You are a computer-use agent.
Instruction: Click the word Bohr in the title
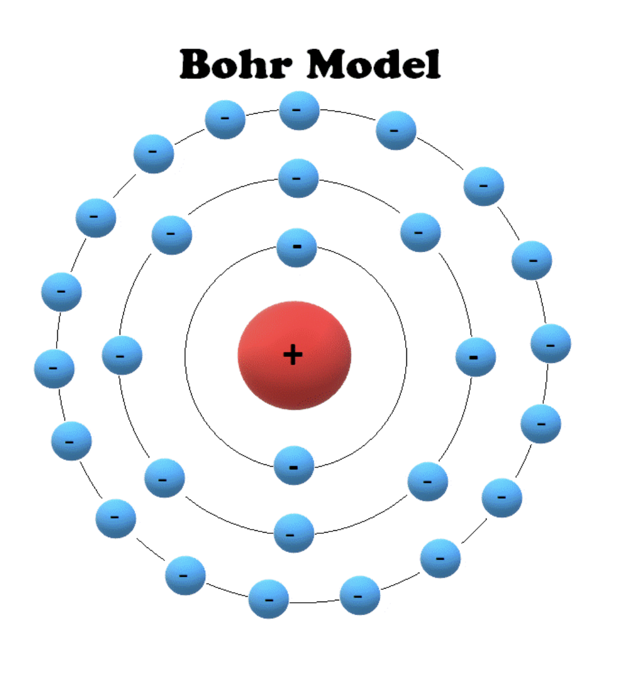(x=236, y=64)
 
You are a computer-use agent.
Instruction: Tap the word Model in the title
(x=374, y=64)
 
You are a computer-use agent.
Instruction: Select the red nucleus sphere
(x=295, y=355)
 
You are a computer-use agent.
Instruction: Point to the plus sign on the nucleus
(x=293, y=355)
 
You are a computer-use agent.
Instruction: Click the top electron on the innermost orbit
(x=297, y=247)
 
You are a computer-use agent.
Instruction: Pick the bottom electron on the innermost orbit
(x=294, y=465)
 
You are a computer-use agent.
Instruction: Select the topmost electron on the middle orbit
(x=298, y=179)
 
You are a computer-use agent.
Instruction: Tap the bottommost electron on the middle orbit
(x=294, y=533)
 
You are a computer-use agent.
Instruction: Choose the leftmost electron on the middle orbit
(x=122, y=355)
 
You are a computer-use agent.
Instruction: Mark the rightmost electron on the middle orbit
(x=476, y=357)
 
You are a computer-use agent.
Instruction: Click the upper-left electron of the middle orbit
(x=172, y=235)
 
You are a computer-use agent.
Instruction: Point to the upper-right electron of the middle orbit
(x=420, y=233)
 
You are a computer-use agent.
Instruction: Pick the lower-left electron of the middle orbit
(x=165, y=478)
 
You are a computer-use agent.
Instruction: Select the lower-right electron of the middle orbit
(x=428, y=481)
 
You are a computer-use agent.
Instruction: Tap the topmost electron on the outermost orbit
(x=300, y=111)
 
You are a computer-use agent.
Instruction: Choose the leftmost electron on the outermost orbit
(x=54, y=369)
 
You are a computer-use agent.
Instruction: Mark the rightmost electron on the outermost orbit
(x=551, y=344)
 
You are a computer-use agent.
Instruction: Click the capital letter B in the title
(x=196, y=64)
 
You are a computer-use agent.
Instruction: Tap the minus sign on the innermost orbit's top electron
(x=297, y=247)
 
